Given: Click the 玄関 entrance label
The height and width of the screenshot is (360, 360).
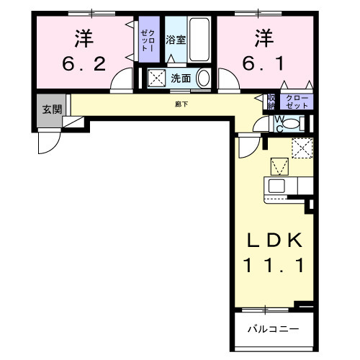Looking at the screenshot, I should (x=50, y=109).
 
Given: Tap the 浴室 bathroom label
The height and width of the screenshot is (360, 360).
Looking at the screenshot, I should (x=176, y=40).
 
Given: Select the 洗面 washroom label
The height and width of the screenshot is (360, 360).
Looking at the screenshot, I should (x=180, y=78).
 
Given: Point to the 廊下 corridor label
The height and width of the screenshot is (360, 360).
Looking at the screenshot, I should (x=181, y=104).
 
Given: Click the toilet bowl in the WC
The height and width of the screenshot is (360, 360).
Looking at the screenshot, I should (x=289, y=123).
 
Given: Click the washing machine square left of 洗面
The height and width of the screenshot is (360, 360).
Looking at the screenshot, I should (x=156, y=78).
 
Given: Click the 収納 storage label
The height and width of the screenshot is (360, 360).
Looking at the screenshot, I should (x=271, y=102).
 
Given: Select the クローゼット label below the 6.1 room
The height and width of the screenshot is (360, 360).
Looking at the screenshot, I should (x=297, y=102).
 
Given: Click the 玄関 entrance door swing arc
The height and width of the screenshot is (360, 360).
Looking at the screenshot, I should (x=46, y=141).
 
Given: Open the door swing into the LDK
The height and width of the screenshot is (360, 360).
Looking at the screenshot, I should (x=248, y=147).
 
